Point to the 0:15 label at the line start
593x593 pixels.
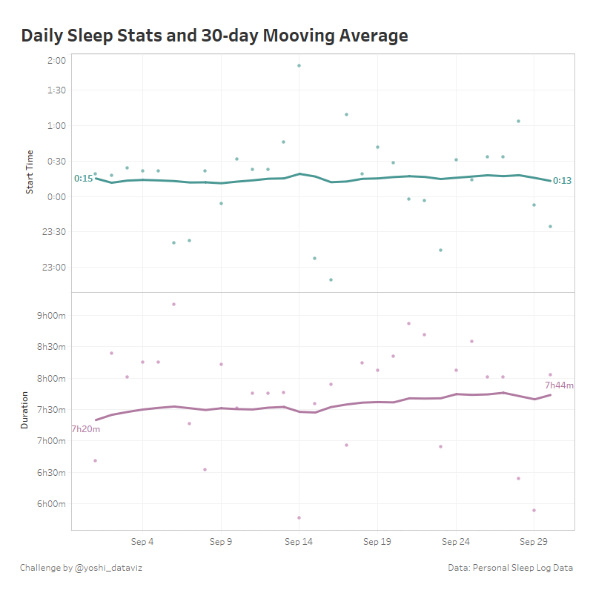click(x=83, y=179)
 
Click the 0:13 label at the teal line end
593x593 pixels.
click(x=562, y=181)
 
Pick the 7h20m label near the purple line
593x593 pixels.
click(x=85, y=428)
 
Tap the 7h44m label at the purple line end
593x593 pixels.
click(x=559, y=385)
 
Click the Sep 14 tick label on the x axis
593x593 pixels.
click(x=299, y=542)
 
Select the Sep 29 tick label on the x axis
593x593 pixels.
click(x=533, y=542)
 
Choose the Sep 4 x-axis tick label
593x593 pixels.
click(x=142, y=542)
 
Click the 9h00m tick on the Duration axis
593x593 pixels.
click(x=51, y=315)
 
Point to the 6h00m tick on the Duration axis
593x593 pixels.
click(x=51, y=504)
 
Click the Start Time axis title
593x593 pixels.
click(x=30, y=171)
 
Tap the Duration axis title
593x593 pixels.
click(x=24, y=410)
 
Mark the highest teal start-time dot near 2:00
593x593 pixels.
click(x=299, y=65)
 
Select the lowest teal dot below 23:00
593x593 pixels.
click(x=331, y=279)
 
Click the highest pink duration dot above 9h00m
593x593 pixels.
click(x=173, y=304)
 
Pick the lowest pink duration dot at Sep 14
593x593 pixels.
click(x=299, y=517)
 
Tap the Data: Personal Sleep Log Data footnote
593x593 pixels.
click(x=510, y=568)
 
